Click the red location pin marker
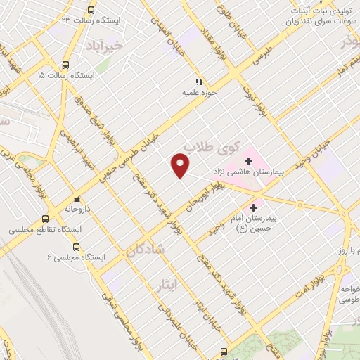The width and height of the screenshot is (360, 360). pyautogui.click(x=181, y=166)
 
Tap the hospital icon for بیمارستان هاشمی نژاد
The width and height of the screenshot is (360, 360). pyautogui.click(x=248, y=162)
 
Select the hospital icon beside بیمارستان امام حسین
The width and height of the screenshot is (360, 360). pyautogui.click(x=256, y=209)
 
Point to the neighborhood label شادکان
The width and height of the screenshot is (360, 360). pyautogui.click(x=147, y=249)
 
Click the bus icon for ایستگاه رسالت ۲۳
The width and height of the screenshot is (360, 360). pyautogui.click(x=90, y=10)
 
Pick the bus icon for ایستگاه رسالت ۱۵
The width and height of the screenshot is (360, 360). pyautogui.click(x=65, y=63)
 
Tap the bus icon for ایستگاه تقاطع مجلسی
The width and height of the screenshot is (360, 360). pyautogui.click(x=46, y=219)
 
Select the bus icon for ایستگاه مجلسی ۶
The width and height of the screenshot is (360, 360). pyautogui.click(x=76, y=247)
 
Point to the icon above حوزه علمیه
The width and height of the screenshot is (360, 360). pyautogui.click(x=200, y=81)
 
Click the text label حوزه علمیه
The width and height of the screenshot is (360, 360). pyautogui.click(x=199, y=92)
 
